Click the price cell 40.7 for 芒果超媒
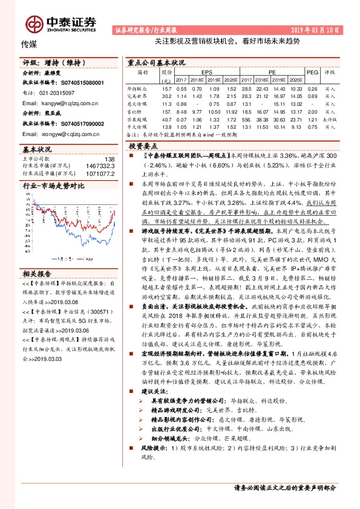coord(166,120)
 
